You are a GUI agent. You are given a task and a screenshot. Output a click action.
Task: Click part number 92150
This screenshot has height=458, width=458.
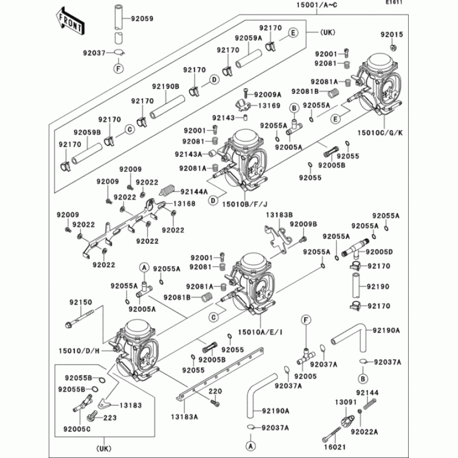click(x=81, y=302)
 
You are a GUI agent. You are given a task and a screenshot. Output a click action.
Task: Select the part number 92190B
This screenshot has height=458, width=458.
click(x=166, y=86)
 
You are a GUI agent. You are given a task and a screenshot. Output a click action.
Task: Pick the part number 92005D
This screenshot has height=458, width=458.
click(x=380, y=252)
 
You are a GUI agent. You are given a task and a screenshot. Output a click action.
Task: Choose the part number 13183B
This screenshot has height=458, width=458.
click(x=279, y=215)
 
